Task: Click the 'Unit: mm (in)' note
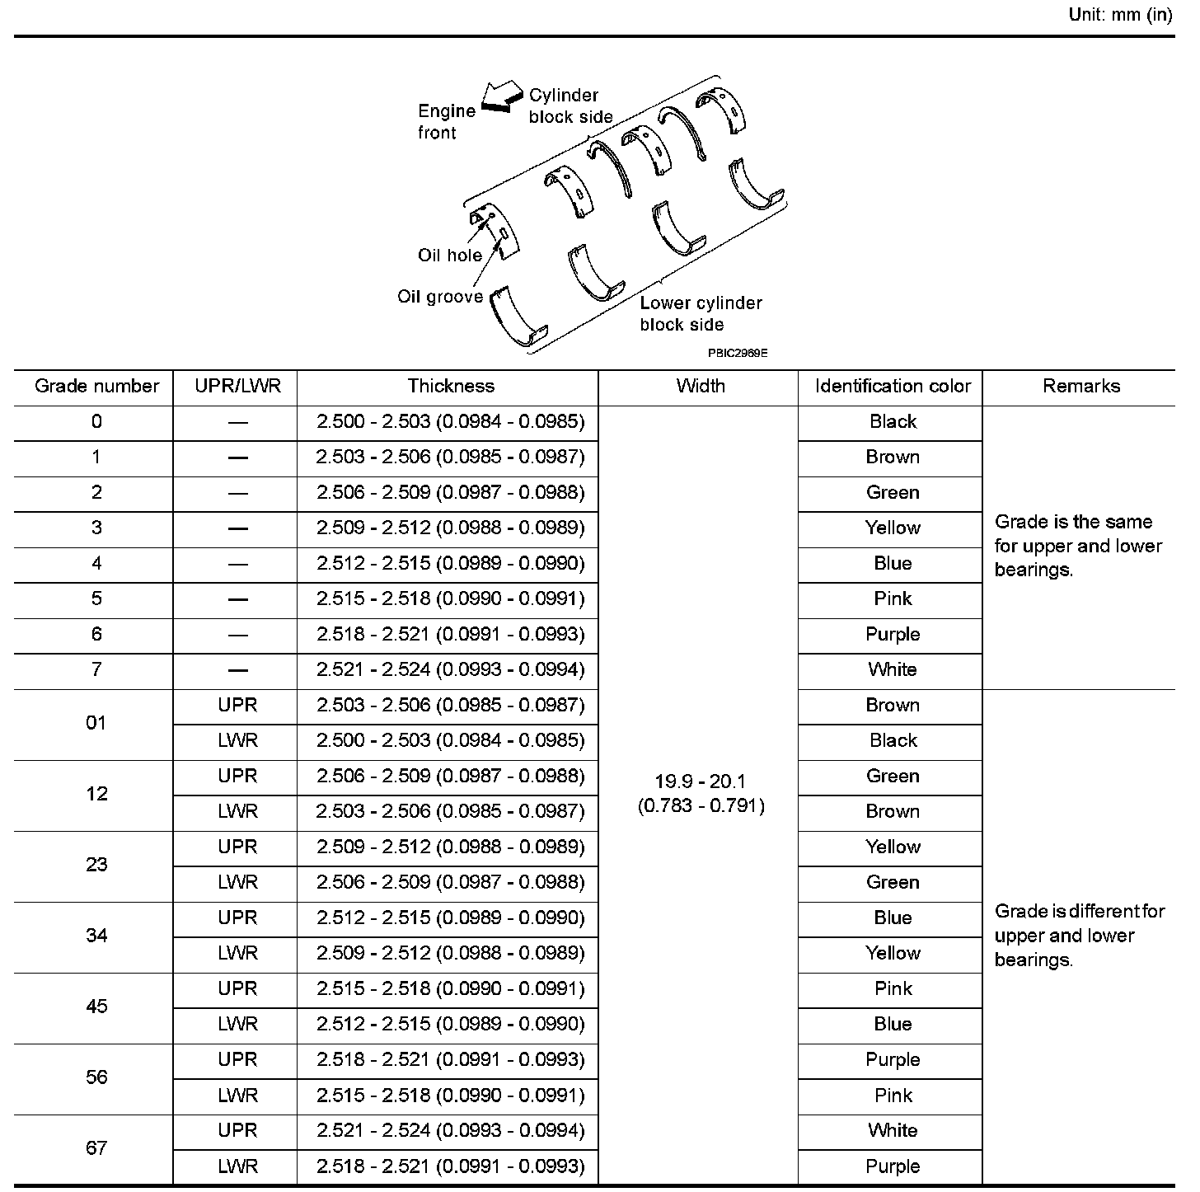(x=1119, y=15)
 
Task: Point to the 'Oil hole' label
(x=449, y=256)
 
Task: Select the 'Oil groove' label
(x=440, y=297)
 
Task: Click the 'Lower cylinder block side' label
(x=701, y=314)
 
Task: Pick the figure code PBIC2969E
(x=737, y=353)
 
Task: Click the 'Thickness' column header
(x=451, y=387)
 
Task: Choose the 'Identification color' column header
(x=893, y=387)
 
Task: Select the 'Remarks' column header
(x=1081, y=387)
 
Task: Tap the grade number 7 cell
(x=96, y=669)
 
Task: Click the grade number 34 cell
(x=96, y=936)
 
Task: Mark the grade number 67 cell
(x=96, y=1148)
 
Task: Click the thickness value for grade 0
(x=451, y=422)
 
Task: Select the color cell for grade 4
(x=893, y=564)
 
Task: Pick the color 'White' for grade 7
(x=893, y=669)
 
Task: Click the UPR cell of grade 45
(x=237, y=988)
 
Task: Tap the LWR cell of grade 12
(x=237, y=811)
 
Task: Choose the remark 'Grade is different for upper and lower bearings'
(x=1079, y=936)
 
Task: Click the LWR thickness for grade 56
(x=451, y=1096)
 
